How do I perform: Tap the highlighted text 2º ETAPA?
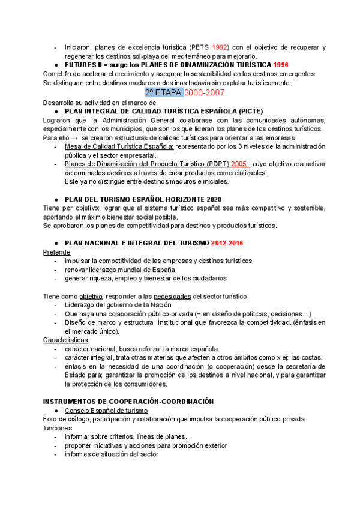[x=163, y=92]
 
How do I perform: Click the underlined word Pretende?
[x=57, y=252]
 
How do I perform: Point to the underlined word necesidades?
[x=172, y=296]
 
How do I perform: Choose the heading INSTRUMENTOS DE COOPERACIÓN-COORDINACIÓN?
[x=128, y=401]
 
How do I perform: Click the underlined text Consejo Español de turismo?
[x=106, y=410]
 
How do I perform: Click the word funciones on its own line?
[x=57, y=428]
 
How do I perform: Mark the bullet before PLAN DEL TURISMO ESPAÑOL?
[x=56, y=199]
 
